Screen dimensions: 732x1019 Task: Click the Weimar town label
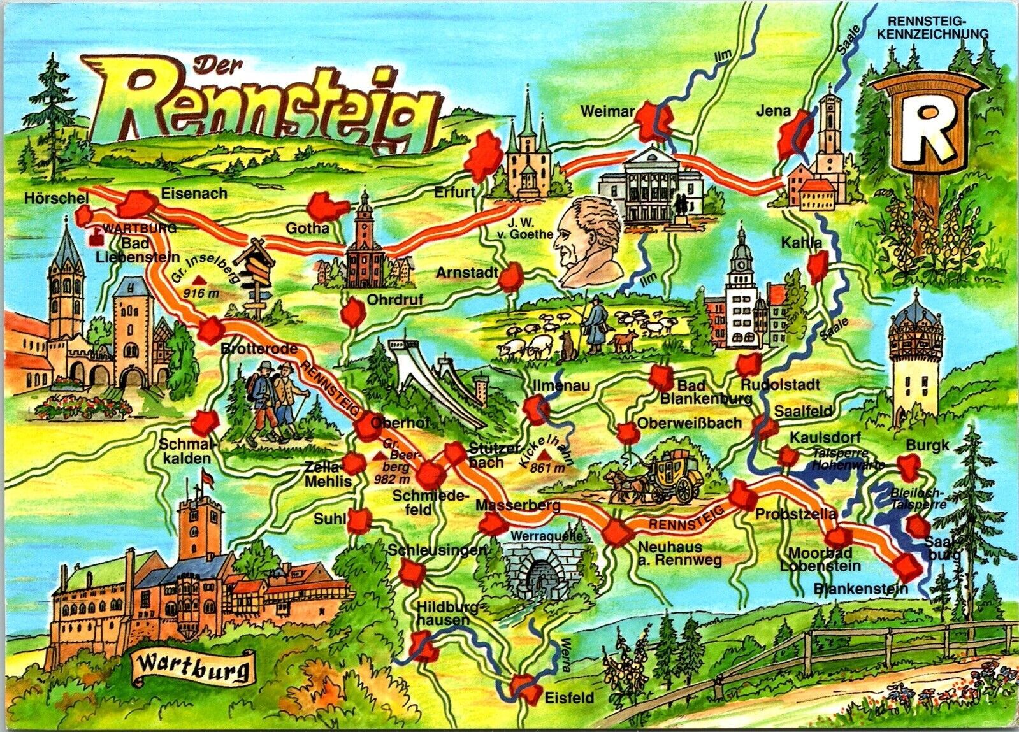(607, 112)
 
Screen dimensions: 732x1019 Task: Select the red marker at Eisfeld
(527, 689)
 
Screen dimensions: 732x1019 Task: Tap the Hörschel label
(56, 198)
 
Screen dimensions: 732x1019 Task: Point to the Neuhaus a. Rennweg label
(679, 553)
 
